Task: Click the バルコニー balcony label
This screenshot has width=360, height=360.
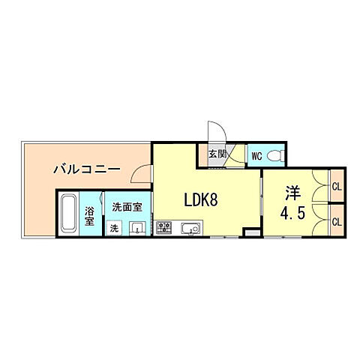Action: coord(88,169)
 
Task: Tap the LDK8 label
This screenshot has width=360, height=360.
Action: coord(202,199)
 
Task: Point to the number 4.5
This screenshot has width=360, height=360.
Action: coord(292,212)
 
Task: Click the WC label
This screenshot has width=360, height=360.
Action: coord(256,157)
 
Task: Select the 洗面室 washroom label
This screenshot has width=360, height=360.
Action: coord(127,207)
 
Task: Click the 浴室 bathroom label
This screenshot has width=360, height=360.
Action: coord(89,216)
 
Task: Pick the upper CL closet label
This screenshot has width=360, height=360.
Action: coord(337,186)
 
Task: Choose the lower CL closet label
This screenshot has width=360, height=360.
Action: coord(337,221)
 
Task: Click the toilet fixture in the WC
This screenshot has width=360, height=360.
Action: coord(274,156)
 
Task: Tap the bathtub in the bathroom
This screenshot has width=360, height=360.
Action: coord(68,215)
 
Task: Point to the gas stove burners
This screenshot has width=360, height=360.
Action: coord(166,228)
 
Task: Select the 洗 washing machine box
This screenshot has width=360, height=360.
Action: coord(115,227)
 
